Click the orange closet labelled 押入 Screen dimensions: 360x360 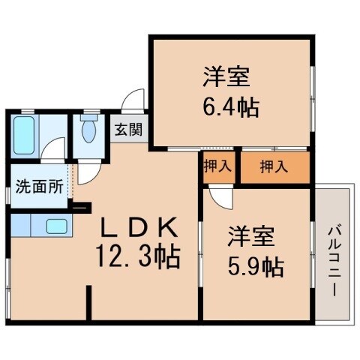[274, 166]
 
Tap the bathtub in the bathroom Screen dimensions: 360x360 [24, 135]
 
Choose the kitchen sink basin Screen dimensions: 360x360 [55, 225]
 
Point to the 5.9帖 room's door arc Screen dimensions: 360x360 [221, 198]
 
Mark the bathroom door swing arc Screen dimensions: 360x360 [51, 150]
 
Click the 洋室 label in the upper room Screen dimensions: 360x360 [225, 77]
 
